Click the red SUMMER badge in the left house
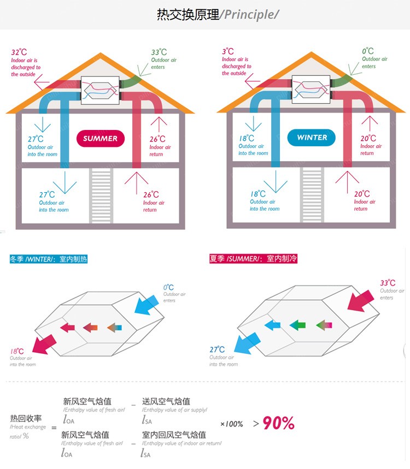tap(100, 138)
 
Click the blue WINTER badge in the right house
tap(312, 138)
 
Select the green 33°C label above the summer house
tap(159, 52)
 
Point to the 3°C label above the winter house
tap(228, 52)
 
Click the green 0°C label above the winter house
tap(368, 52)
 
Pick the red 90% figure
tap(279, 423)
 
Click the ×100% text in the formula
tap(231, 424)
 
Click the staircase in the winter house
tap(312, 194)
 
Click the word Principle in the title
tap(249, 15)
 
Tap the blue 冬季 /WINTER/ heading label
tap(48, 259)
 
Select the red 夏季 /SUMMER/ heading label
tap(253, 258)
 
